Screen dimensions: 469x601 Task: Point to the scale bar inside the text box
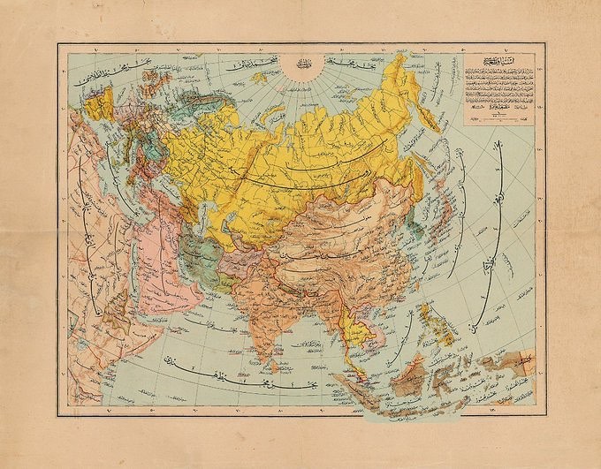click(x=496, y=112)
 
